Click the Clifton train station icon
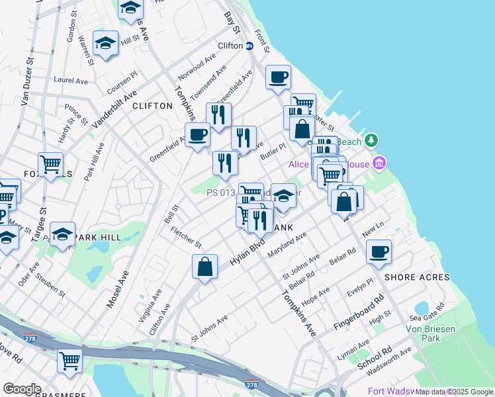tap(249, 46)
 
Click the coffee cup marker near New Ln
tap(379, 252)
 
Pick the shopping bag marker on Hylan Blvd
tap(205, 267)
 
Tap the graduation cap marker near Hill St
tap(105, 44)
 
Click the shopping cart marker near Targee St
tap(50, 165)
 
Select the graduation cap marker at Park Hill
tap(62, 236)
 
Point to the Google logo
tap(22, 388)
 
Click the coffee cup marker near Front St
tap(279, 77)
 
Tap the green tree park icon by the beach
tap(371, 140)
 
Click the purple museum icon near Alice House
tap(379, 163)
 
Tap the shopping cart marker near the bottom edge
tap(69, 361)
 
